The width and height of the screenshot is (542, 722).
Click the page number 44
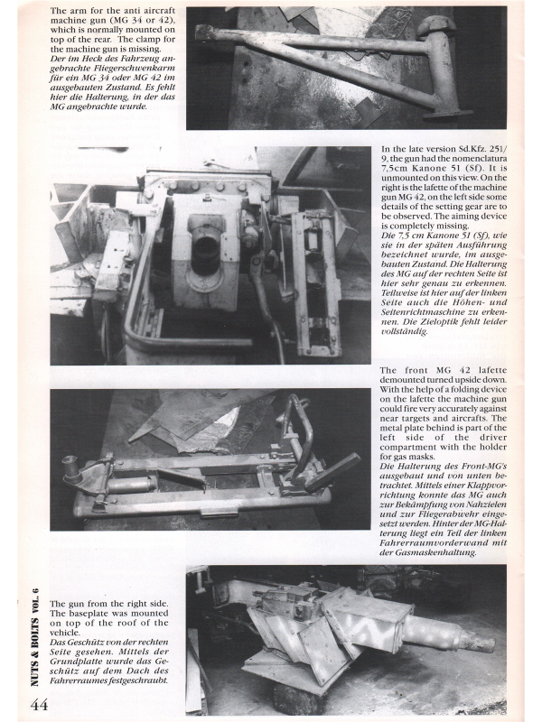click(39, 705)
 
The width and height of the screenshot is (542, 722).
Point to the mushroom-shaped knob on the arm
click(436, 26)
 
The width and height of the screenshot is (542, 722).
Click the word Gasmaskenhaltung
click(435, 552)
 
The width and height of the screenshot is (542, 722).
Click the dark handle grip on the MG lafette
click(332, 470)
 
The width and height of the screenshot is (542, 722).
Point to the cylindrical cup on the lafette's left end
click(71, 469)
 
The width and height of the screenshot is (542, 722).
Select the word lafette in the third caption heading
click(490, 370)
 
